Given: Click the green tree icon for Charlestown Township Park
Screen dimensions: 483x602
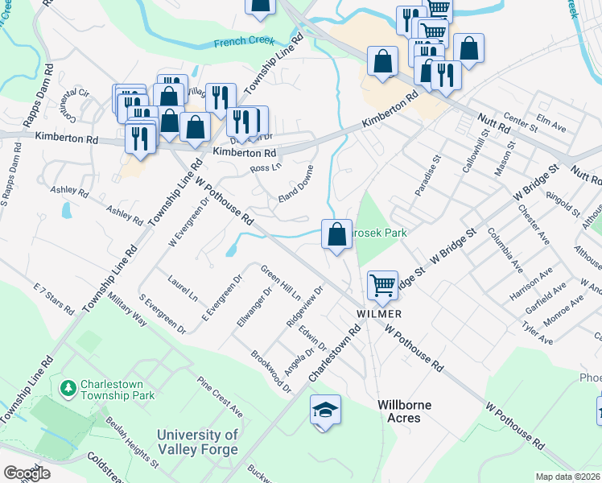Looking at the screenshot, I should click(69, 388).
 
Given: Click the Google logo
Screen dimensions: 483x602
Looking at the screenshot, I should click(27, 473).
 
